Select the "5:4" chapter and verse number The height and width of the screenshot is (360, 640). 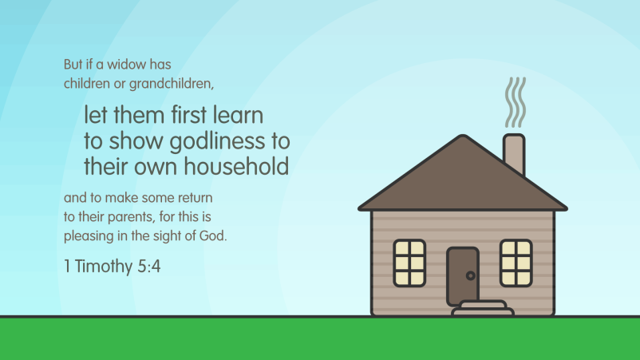[148, 267]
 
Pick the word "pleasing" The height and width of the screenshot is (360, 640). [88, 236]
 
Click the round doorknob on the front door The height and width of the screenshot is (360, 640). [470, 275]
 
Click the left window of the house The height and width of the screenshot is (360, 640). [409, 263]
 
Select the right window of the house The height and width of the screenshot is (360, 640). [516, 263]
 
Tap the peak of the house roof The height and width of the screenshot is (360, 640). [462, 137]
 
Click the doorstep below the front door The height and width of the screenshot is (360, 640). [482, 308]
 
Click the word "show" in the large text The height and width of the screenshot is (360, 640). [134, 143]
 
